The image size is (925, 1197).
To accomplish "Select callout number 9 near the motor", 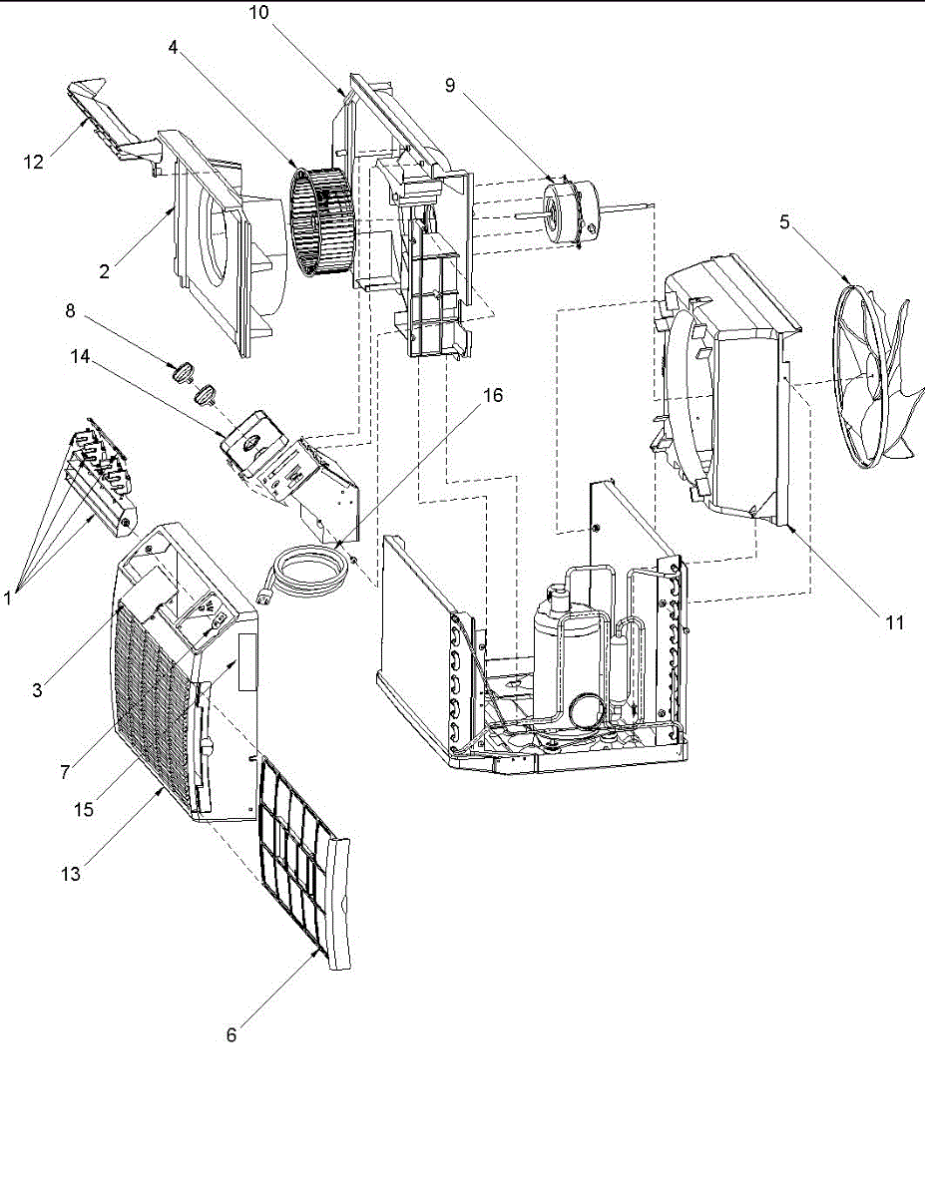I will coord(450,86).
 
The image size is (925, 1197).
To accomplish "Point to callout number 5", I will coord(784,222).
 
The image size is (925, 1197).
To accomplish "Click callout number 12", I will coord(35,162).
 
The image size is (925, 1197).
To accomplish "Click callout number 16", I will coord(493,395).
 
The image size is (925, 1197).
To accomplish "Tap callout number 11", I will coord(894,622).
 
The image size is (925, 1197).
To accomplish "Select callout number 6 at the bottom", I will coord(231,1035).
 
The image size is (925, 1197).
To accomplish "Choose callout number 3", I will coord(37,690).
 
